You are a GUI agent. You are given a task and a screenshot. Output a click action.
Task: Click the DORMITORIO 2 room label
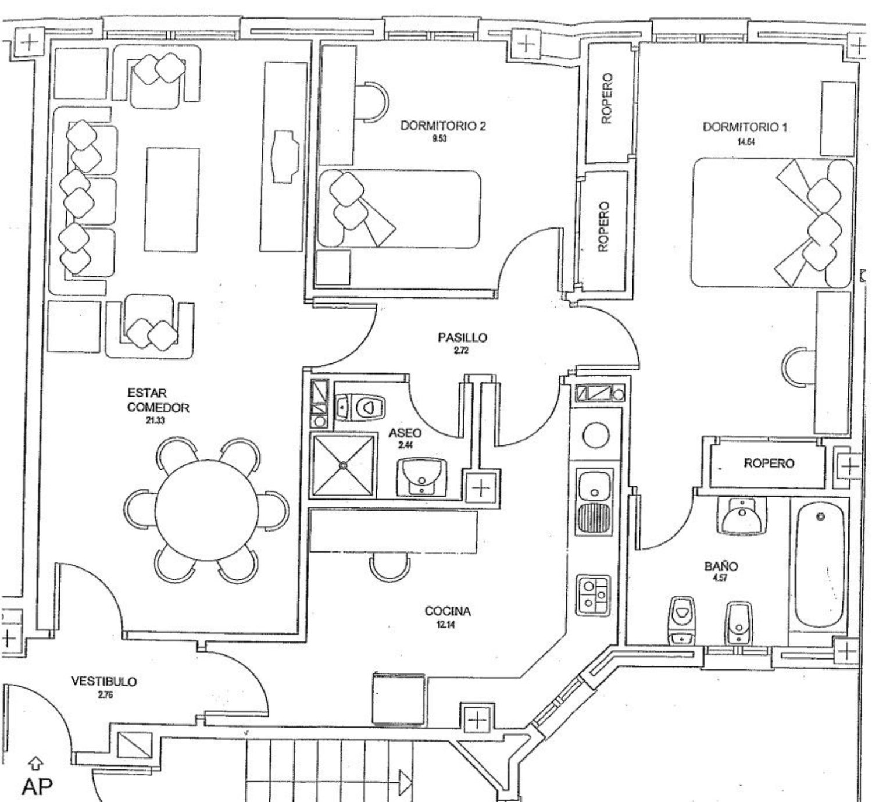pos(442,126)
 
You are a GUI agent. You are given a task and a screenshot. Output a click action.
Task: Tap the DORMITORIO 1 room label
pos(745,127)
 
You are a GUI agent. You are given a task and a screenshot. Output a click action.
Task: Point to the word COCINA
pos(447,611)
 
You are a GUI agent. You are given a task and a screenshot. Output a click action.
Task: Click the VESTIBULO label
pos(104,681)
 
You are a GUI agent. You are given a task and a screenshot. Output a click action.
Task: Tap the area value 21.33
pos(155,421)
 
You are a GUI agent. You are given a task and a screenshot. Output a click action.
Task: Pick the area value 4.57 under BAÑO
pos(720,578)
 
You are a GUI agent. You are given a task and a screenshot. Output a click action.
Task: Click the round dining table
pos(206,510)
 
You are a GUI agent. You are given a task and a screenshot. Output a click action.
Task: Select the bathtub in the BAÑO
pos(820,565)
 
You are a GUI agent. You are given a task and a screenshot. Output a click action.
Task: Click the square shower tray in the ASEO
pos(343,465)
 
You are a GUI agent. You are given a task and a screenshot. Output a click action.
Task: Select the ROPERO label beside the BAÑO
pos(769,464)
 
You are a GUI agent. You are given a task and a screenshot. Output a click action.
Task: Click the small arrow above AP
pos(35,762)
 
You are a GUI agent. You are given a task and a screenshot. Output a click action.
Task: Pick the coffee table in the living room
pos(172,199)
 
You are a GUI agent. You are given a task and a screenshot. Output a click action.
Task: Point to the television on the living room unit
pos(284,157)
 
